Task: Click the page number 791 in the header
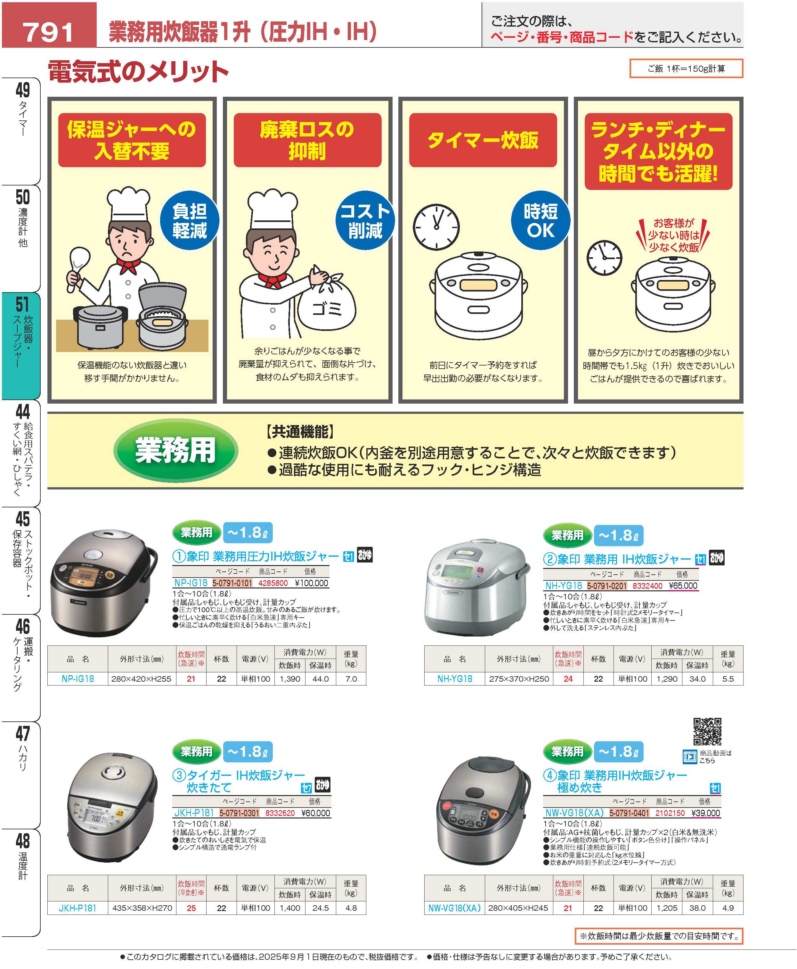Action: tap(48, 32)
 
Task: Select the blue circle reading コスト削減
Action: tap(365, 220)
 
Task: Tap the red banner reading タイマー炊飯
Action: tap(483, 140)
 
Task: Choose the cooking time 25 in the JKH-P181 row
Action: tap(191, 908)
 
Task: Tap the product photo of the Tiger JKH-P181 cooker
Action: tap(112, 806)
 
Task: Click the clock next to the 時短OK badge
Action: tap(436, 227)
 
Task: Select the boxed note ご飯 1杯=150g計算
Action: tap(686, 69)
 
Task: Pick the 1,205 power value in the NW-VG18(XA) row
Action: tap(667, 908)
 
